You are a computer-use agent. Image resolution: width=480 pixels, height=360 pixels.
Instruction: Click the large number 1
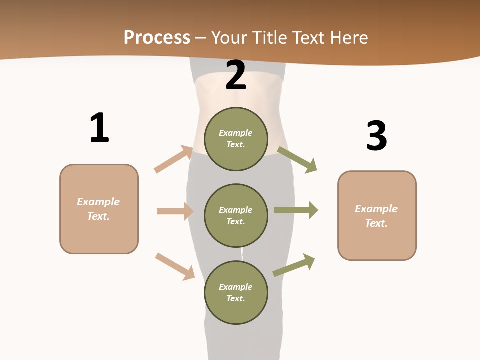coord(99,128)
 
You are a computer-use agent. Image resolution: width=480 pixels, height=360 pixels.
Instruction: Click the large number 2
coord(236,75)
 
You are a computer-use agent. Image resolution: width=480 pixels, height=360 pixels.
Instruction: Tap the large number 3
coord(376,136)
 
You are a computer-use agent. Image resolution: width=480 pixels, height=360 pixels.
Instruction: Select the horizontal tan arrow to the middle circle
coord(175,211)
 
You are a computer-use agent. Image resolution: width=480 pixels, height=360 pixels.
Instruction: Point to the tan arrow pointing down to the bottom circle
coord(175,266)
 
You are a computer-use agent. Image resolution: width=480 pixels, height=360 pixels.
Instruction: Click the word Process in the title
coord(157,37)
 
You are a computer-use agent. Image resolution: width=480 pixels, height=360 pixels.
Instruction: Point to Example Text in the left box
coord(98,209)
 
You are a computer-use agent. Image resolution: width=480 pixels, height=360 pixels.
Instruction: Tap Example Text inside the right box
coord(376,216)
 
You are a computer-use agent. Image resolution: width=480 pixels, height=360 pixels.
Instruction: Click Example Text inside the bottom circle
coord(236,292)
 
